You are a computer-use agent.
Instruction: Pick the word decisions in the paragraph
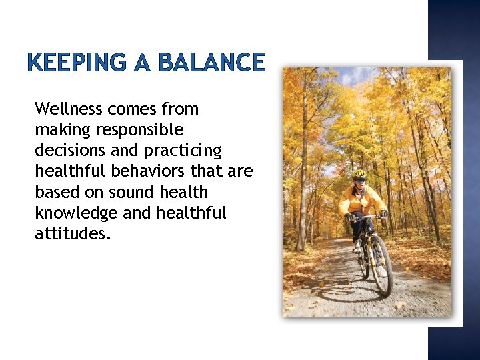[x=67, y=151]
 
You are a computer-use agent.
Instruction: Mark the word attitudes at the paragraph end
[x=69, y=234]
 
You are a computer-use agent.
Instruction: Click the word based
[x=55, y=193]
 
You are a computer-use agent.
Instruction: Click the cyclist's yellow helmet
[x=360, y=174]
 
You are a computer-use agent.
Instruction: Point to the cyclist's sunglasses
[x=360, y=179]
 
